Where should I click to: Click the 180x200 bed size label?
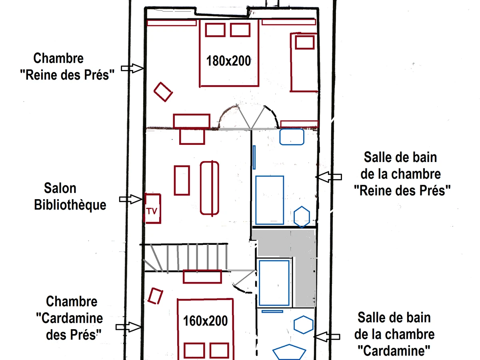[x=228, y=61]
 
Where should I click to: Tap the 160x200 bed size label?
[x=205, y=321]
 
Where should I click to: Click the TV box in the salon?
[x=153, y=208]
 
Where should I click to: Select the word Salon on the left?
[x=60, y=188]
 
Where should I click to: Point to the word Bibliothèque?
[x=70, y=205]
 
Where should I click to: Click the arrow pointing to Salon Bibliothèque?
[x=131, y=199]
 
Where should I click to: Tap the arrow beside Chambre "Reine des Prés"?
[x=132, y=68]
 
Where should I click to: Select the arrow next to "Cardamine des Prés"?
[x=128, y=327]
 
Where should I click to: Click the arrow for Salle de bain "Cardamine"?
[x=327, y=337]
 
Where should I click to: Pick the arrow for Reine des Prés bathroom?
[x=328, y=177]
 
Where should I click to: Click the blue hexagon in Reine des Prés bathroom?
[x=302, y=217]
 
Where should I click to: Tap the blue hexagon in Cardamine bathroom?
[x=303, y=325]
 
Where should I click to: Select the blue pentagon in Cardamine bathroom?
[x=289, y=352]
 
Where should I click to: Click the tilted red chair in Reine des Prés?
[x=163, y=92]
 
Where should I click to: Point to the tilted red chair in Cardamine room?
[x=155, y=296]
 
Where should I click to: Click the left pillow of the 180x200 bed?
[x=215, y=30]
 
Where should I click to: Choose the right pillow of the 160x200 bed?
[x=219, y=350]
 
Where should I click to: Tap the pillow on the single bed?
[x=305, y=42]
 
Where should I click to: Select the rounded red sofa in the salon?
[x=209, y=188]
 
